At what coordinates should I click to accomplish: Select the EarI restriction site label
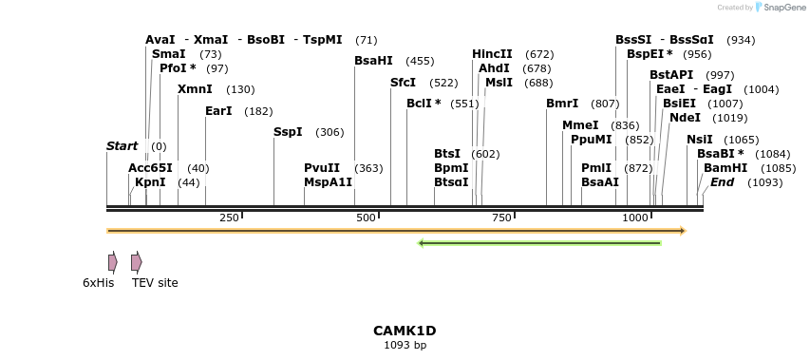[x=218, y=111]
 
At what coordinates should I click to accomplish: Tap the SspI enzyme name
[x=288, y=132]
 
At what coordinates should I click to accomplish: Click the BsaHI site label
[x=373, y=61]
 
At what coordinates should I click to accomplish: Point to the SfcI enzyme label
[x=403, y=83]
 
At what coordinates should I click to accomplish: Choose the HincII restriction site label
[x=492, y=54]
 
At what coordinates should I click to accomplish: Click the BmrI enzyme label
[x=562, y=104]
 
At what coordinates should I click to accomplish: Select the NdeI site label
[x=685, y=118]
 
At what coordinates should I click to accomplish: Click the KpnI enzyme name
[x=150, y=182]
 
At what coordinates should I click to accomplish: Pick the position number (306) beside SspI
[x=330, y=132]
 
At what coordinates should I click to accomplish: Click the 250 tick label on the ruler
[x=229, y=218]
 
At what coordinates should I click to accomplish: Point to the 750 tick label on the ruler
[x=500, y=218]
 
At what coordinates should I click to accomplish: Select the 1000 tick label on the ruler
[x=635, y=218]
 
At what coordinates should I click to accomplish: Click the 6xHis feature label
[x=98, y=283]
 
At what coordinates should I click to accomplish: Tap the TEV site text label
[x=155, y=283]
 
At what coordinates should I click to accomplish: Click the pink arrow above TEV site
[x=137, y=262]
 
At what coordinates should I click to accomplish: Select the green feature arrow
[x=539, y=243]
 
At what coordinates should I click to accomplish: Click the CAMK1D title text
[x=405, y=331]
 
